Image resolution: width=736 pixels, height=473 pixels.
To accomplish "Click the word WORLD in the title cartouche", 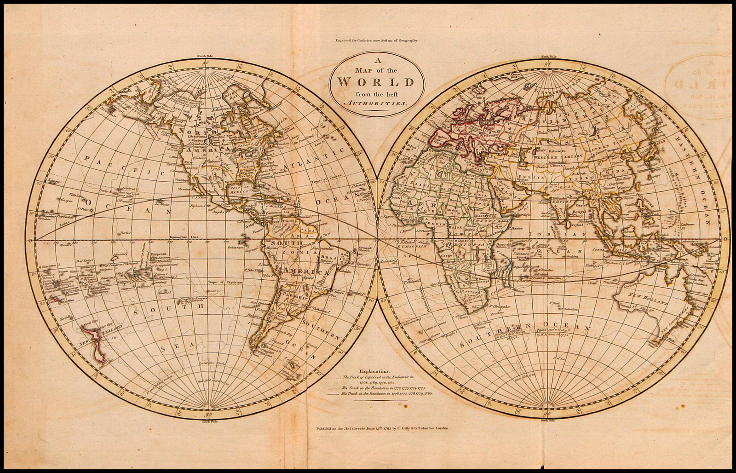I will [376, 82].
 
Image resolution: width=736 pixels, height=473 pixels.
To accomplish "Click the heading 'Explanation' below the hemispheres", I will [375, 370].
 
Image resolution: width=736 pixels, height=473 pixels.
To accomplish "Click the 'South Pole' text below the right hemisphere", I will [548, 420].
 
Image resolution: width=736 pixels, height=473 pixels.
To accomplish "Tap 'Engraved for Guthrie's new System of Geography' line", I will [376, 40].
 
